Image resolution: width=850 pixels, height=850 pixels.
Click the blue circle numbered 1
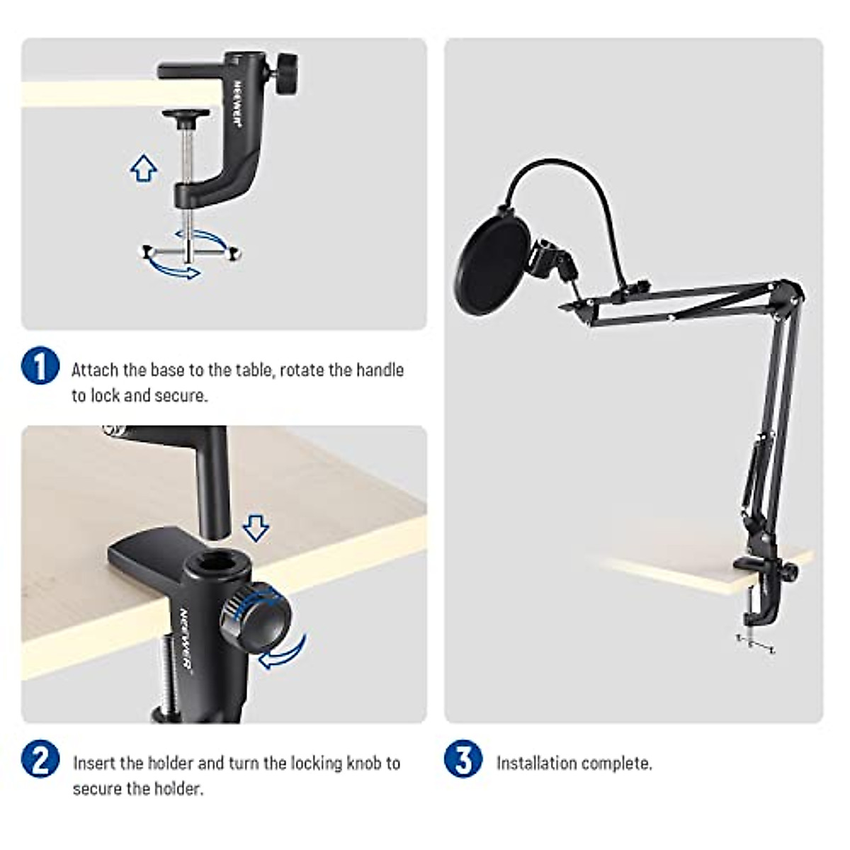coord(40,365)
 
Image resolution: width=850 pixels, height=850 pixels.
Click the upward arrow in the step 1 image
coord(144,168)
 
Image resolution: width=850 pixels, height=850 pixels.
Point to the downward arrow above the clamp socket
coord(255,528)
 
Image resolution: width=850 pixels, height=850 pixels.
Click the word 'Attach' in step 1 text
coord(95,370)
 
